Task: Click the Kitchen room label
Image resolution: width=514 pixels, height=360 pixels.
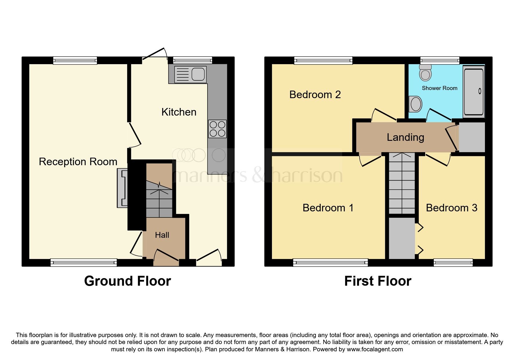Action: (x=179, y=112)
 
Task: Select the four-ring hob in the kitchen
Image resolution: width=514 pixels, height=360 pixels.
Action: (x=217, y=129)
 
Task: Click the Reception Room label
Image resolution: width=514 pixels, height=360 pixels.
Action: (x=78, y=162)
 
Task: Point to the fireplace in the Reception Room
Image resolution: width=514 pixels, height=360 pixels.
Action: (x=122, y=188)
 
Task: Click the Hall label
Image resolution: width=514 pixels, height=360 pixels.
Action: (x=162, y=235)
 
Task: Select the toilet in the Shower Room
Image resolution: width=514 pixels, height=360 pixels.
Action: (x=425, y=72)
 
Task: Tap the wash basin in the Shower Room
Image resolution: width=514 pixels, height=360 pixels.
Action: (x=415, y=104)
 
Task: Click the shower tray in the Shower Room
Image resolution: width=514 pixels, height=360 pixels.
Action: (x=474, y=91)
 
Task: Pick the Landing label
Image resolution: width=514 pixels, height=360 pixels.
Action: (x=405, y=137)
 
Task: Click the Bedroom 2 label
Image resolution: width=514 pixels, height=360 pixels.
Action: (x=315, y=95)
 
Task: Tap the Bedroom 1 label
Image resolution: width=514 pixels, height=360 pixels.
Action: (x=328, y=208)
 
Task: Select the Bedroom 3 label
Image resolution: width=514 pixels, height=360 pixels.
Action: (x=452, y=208)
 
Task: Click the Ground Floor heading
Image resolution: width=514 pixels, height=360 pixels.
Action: (x=127, y=281)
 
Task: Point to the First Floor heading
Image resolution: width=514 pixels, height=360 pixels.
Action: (x=378, y=281)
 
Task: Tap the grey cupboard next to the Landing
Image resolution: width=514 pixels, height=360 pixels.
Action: (x=472, y=137)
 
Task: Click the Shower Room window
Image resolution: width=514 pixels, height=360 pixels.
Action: (x=440, y=60)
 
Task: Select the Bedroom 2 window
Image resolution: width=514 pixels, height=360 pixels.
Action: (x=323, y=60)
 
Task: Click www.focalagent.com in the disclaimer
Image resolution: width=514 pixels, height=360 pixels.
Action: (x=375, y=349)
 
